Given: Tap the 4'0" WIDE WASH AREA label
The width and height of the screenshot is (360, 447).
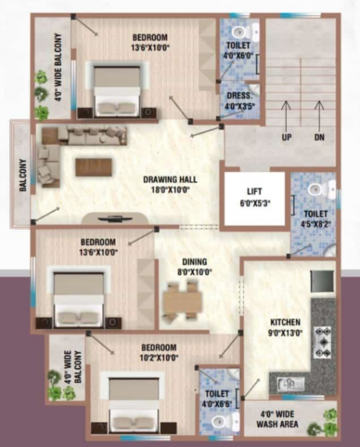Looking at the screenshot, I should click(x=280, y=419).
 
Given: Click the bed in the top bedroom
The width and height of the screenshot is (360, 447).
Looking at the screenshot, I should click(x=117, y=87).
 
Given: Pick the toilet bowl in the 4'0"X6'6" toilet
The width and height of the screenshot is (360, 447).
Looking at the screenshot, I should click(x=218, y=422).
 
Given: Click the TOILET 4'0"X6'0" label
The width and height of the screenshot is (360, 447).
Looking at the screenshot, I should click(x=239, y=49).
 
